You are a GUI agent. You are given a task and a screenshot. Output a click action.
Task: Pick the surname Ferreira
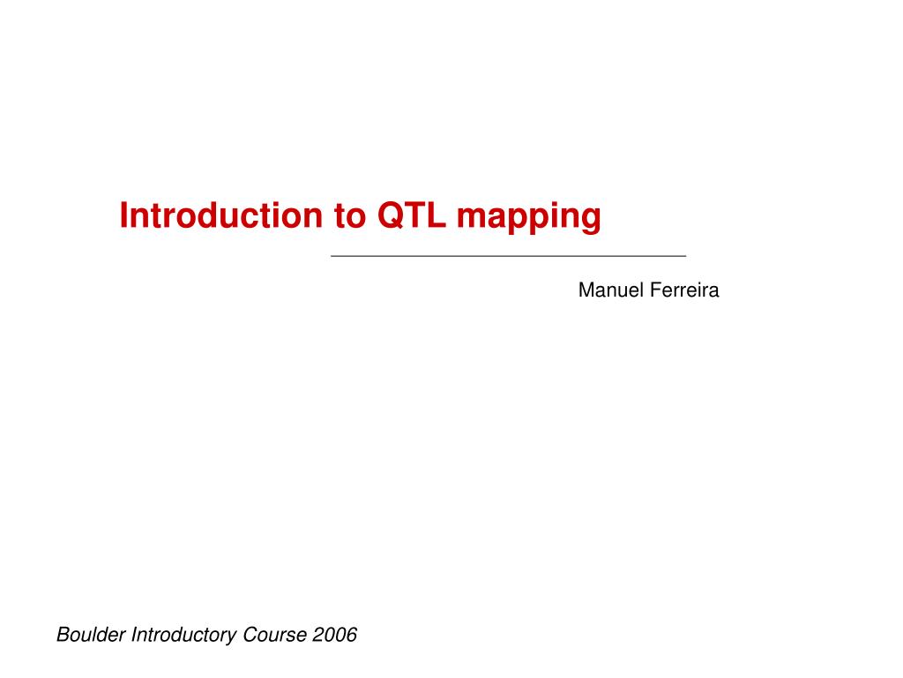tap(685, 290)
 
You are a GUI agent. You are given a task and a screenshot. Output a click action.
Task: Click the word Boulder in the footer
tap(91, 634)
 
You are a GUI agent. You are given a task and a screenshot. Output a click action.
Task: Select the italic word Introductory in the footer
tap(183, 634)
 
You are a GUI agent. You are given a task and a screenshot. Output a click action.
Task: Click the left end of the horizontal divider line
tap(332, 255)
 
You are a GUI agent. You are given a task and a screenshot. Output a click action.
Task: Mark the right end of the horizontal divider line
tap(684, 255)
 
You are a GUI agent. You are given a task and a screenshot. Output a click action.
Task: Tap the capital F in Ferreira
tap(656, 290)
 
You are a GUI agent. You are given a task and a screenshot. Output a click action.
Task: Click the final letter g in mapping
tap(592, 220)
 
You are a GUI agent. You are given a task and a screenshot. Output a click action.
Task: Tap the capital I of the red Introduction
tap(124, 215)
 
